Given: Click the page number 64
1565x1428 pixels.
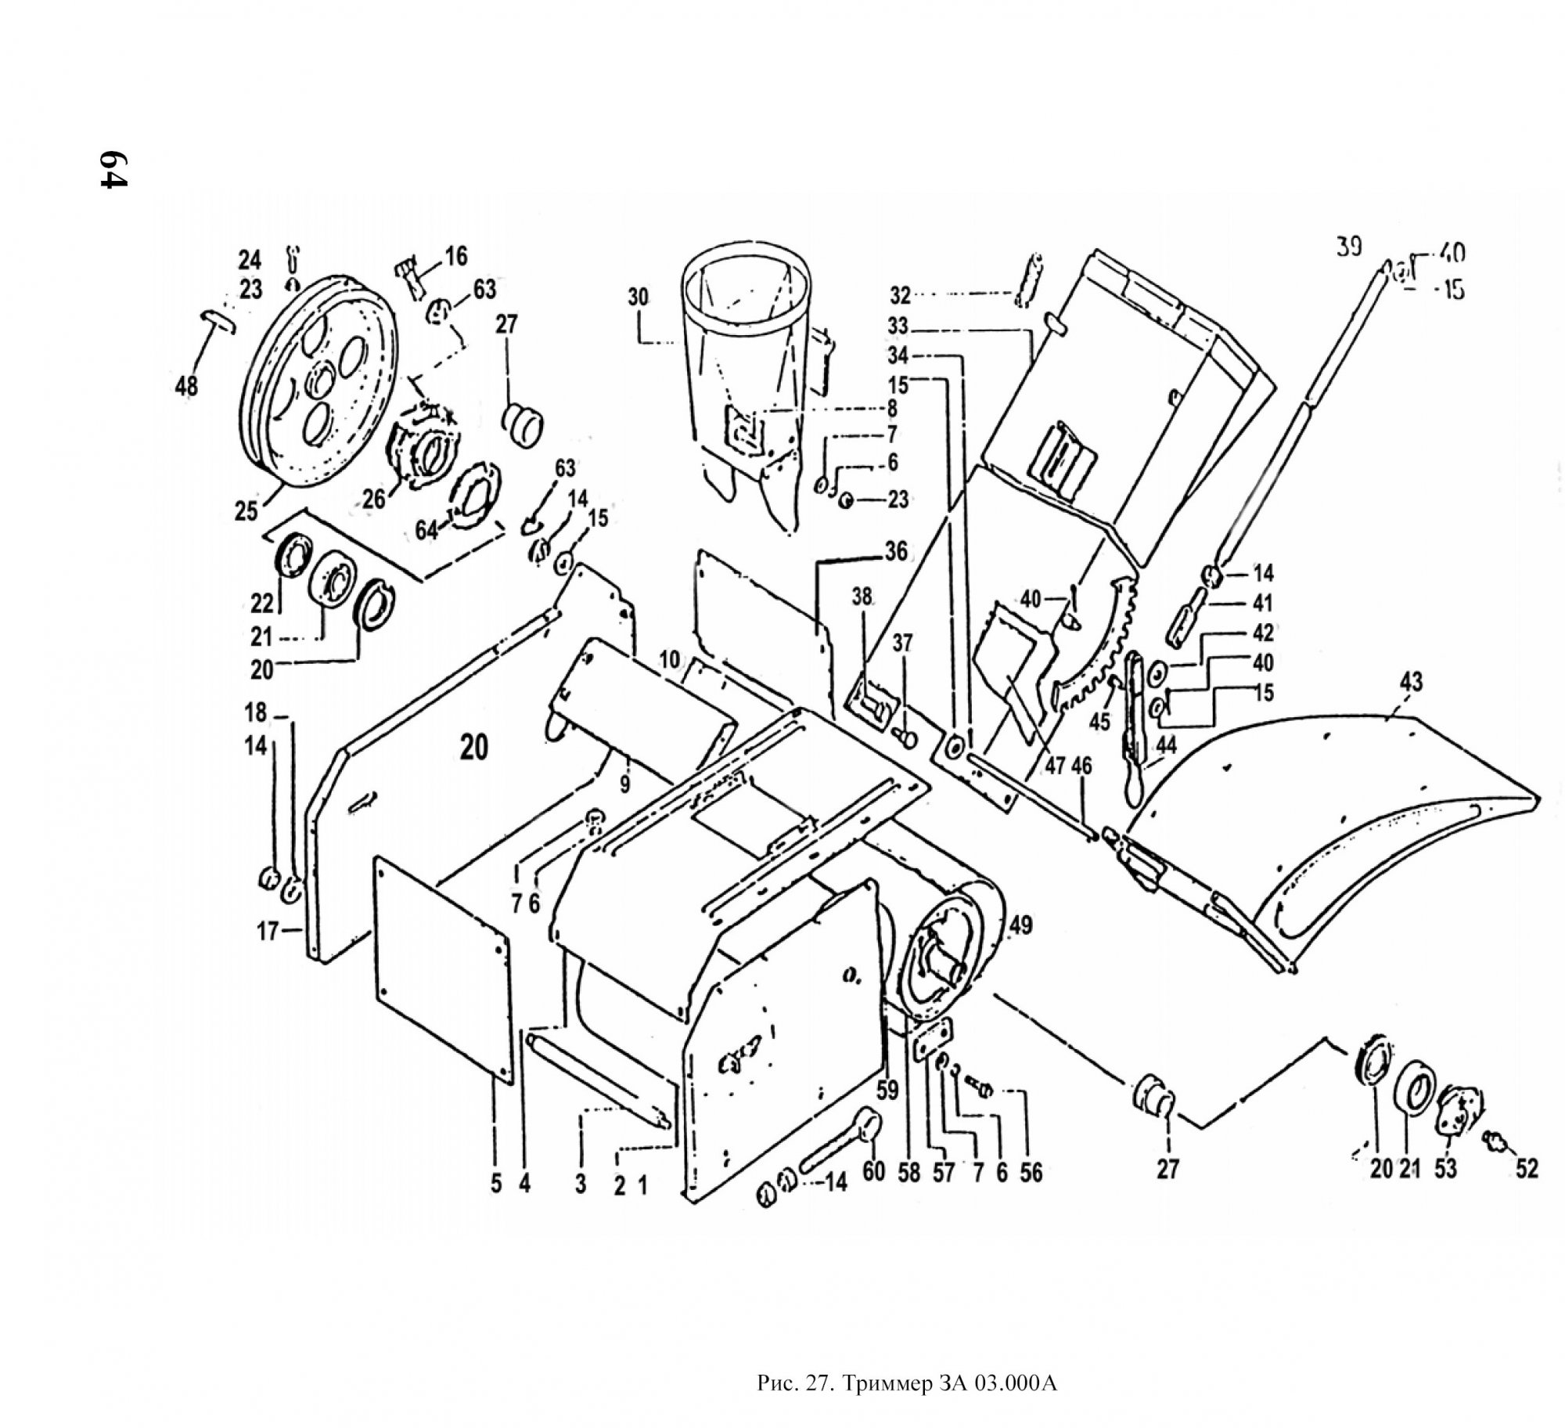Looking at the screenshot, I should pos(112,168).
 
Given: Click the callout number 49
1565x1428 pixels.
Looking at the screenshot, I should pos(1020,925).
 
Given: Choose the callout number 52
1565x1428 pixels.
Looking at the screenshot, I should pos(1526,1169).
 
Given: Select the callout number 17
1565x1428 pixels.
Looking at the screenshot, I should pos(268,932).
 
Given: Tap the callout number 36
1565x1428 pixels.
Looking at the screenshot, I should pos(896,551).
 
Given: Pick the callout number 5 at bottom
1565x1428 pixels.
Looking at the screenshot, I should pos(495,1185).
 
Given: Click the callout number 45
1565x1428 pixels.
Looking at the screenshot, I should pos(1099,721).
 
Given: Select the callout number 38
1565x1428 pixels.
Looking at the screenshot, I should pos(862,597).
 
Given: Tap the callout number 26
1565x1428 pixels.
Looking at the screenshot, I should pos(374,498).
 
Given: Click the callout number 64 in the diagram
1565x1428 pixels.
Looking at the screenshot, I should pos(426,529).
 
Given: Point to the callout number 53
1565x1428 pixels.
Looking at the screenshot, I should pos(1445,1169).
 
